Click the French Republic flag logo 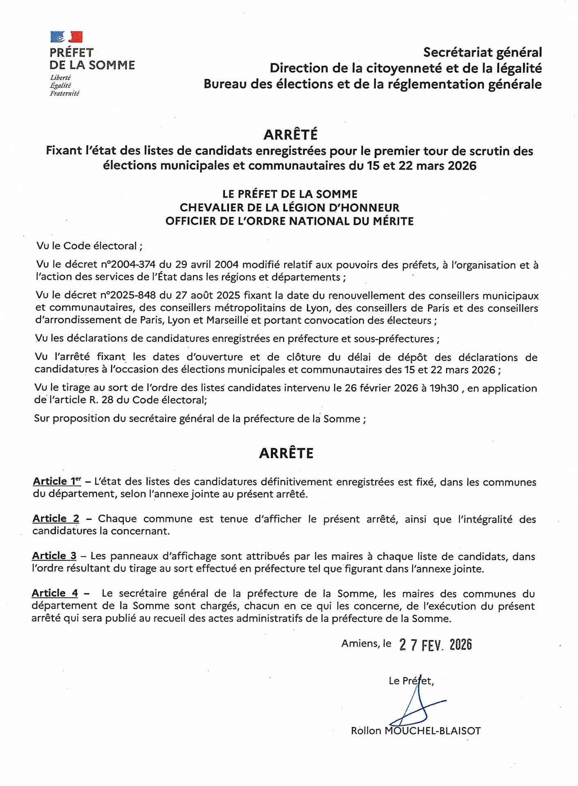66,37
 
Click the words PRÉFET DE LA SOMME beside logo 92,59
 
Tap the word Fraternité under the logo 64,93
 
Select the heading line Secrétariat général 482,52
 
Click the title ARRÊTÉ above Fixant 290,134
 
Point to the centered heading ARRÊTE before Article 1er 286,453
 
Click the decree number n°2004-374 128,264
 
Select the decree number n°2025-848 128,295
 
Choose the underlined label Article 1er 57,481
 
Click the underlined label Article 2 56,519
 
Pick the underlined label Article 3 54,556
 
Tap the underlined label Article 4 54,593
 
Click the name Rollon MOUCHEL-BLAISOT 415,731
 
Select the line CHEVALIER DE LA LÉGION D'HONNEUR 290,208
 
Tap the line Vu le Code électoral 89,246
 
